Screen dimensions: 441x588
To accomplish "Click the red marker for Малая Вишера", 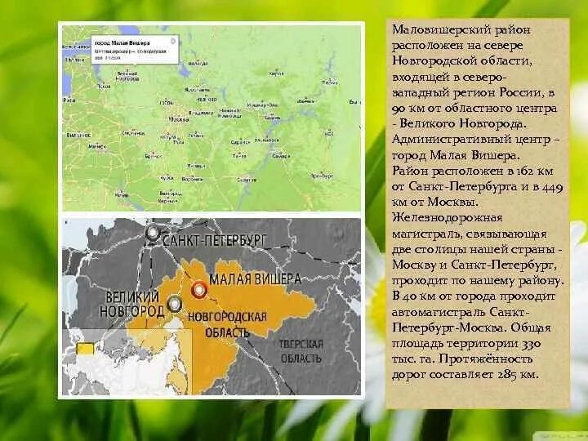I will (x=198, y=289).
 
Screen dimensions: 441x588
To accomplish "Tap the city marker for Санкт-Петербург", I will (x=153, y=234).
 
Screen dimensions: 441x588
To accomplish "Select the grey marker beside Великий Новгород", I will (x=173, y=305).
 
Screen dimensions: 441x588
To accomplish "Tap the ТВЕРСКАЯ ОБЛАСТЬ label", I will (x=302, y=351).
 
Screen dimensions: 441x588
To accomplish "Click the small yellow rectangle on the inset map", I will (x=84, y=348).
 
